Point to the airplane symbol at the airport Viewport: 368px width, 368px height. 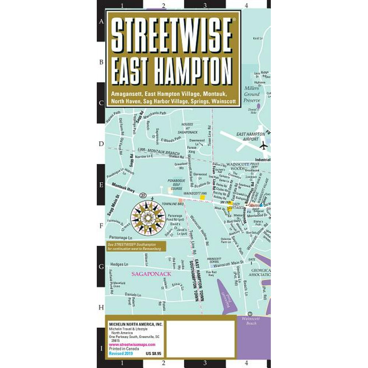click(263, 146)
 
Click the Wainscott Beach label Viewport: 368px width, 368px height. click(249, 321)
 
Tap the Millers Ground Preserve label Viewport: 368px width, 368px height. click(252, 94)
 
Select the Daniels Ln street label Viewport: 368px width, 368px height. click(133, 295)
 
